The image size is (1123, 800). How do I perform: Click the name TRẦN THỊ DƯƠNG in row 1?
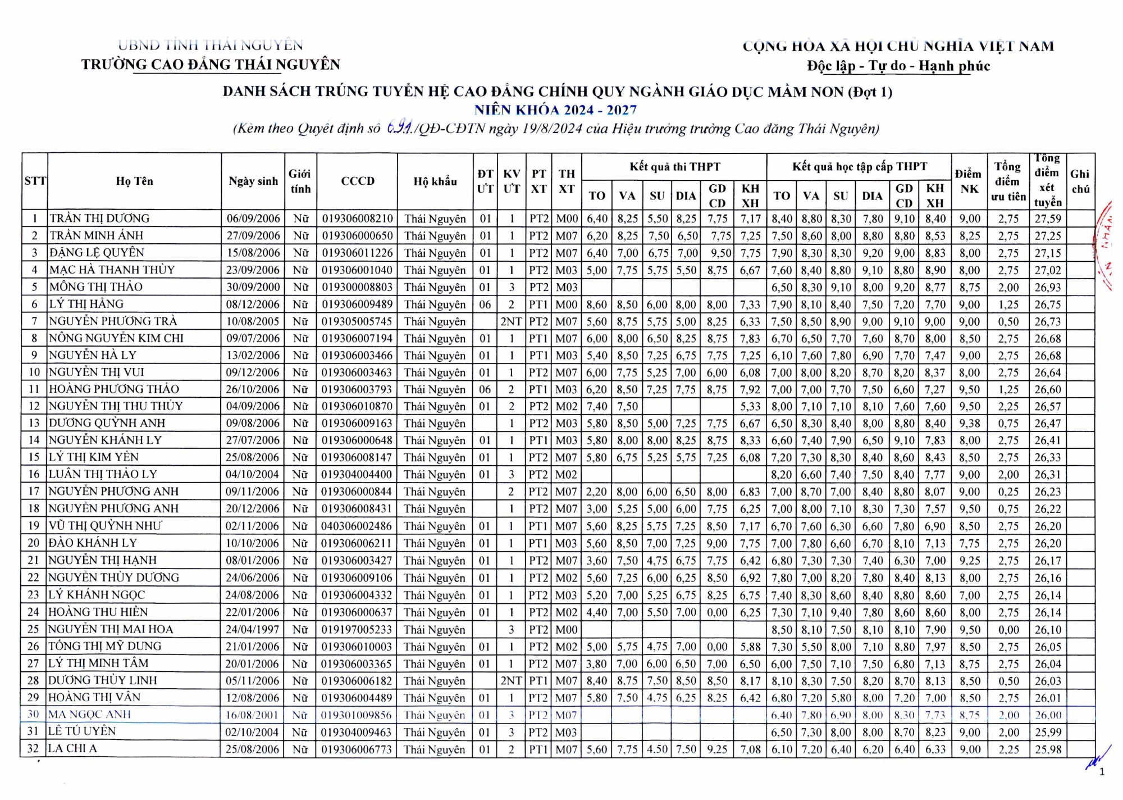click(x=99, y=218)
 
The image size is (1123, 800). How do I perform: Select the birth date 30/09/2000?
click(x=253, y=287)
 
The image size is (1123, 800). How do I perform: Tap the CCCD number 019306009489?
click(x=357, y=304)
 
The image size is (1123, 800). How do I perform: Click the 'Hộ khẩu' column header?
click(x=435, y=181)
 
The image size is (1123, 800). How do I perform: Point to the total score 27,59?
click(x=1048, y=219)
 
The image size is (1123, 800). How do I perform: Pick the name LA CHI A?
click(x=72, y=748)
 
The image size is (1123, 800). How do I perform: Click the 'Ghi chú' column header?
click(x=1080, y=181)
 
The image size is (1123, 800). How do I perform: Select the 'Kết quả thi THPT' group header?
click(x=674, y=167)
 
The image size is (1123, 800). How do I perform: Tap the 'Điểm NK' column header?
click(x=969, y=181)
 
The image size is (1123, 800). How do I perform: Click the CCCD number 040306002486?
click(x=357, y=526)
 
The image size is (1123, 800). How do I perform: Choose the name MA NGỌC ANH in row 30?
click(x=90, y=715)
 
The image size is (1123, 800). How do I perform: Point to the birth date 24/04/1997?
click(x=253, y=629)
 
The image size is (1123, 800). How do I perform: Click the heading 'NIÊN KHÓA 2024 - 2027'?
click(x=555, y=110)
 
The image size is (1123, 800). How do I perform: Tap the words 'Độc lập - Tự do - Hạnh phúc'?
click(x=898, y=66)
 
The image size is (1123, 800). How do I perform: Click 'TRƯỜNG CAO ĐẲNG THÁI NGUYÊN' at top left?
click(x=211, y=65)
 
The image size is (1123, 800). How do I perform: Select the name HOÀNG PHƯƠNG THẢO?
click(x=114, y=389)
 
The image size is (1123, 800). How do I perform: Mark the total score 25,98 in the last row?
click(x=1048, y=749)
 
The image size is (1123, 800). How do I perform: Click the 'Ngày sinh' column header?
click(x=253, y=181)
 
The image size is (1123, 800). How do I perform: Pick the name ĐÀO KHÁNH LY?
click(x=93, y=543)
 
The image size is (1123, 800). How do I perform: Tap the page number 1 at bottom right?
click(x=1102, y=772)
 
